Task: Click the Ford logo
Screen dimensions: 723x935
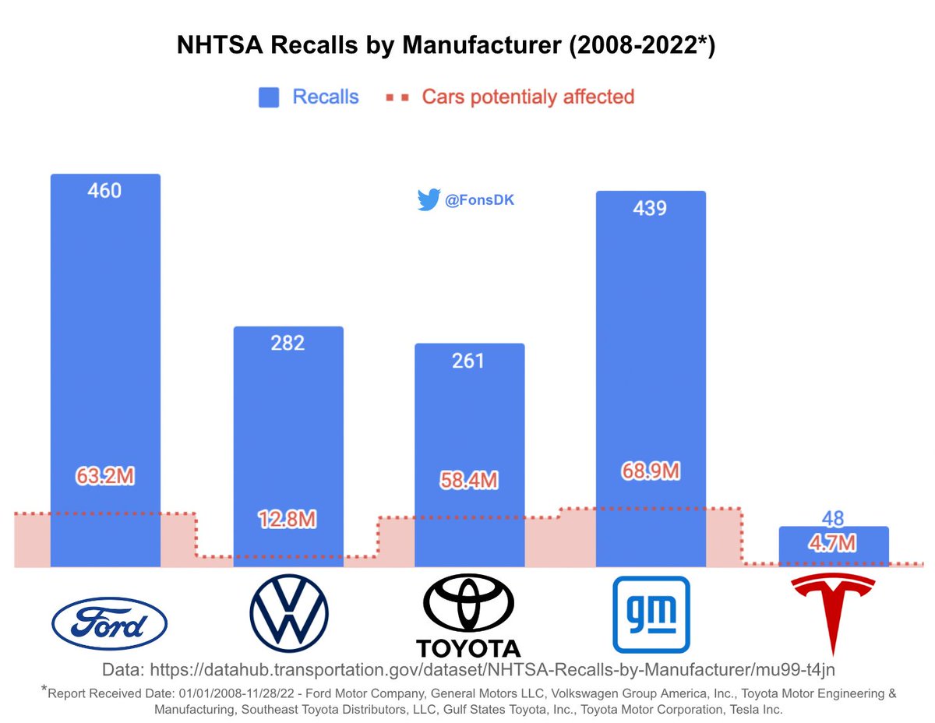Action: [108, 623]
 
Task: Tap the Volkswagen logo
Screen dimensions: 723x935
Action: [289, 613]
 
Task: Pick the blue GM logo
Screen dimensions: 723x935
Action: [651, 614]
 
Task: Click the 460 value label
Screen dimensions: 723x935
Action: [104, 190]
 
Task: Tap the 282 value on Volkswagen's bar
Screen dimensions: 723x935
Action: [288, 343]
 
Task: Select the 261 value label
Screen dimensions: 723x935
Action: [468, 361]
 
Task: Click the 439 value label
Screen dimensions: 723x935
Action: [650, 209]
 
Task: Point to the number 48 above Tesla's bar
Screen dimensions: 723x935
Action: [833, 519]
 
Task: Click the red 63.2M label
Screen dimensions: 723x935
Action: [104, 475]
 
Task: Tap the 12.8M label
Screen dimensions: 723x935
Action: [288, 520]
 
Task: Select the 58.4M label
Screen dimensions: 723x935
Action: [468, 480]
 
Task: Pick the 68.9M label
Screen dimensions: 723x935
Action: [650, 471]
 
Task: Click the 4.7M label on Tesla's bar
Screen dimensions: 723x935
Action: [833, 542]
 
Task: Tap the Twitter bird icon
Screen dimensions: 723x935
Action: [429, 200]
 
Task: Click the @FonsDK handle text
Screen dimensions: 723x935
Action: [479, 201]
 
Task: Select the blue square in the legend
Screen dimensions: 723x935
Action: [269, 97]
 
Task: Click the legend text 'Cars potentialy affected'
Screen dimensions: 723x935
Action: [527, 97]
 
